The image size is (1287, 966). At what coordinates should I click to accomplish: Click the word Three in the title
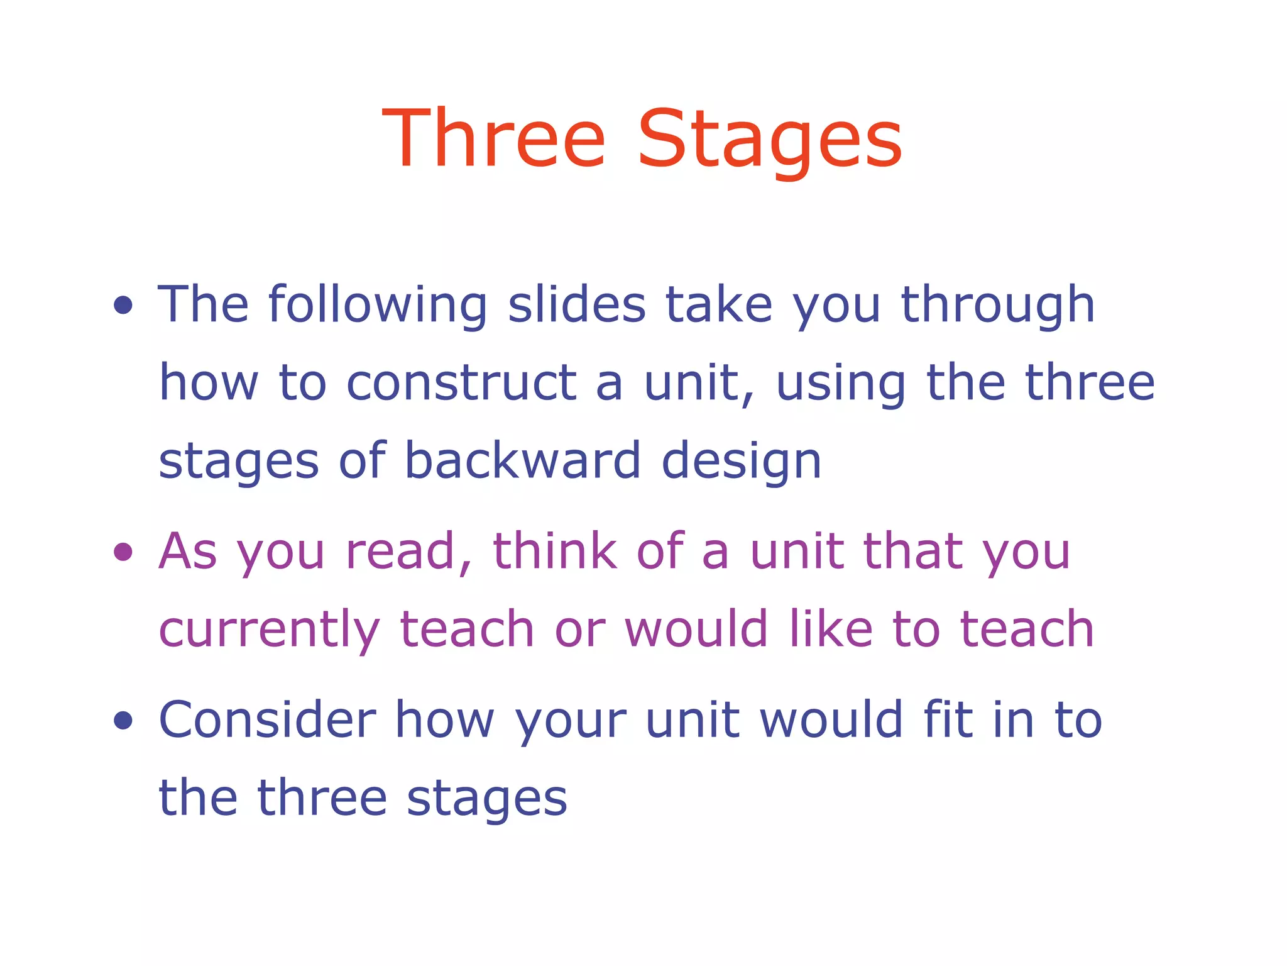pyautogui.click(x=494, y=139)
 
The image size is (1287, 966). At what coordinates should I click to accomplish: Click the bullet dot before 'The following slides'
pyautogui.click(x=123, y=306)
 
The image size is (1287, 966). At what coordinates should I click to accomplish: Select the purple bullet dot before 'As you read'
pyautogui.click(x=123, y=552)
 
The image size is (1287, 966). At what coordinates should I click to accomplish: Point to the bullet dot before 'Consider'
pyautogui.click(x=123, y=720)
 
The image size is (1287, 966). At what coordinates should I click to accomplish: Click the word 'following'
pyautogui.click(x=377, y=306)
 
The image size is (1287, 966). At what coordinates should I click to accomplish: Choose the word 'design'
pyautogui.click(x=742, y=462)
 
